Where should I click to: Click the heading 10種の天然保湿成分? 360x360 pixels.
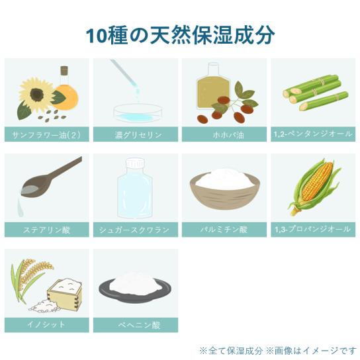point(180,35)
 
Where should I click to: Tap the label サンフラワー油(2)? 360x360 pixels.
point(46,134)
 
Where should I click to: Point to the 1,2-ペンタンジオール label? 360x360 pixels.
point(313,134)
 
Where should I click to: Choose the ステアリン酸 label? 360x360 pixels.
point(46,230)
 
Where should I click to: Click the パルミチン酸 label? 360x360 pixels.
point(224,229)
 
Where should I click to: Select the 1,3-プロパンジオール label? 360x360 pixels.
point(312,229)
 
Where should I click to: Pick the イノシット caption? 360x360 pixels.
point(46,324)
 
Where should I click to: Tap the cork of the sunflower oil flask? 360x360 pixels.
point(64,71)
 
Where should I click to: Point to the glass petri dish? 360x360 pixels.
point(138,113)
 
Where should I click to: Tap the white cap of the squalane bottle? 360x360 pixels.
point(135,163)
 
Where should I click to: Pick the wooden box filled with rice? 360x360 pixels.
point(65,294)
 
